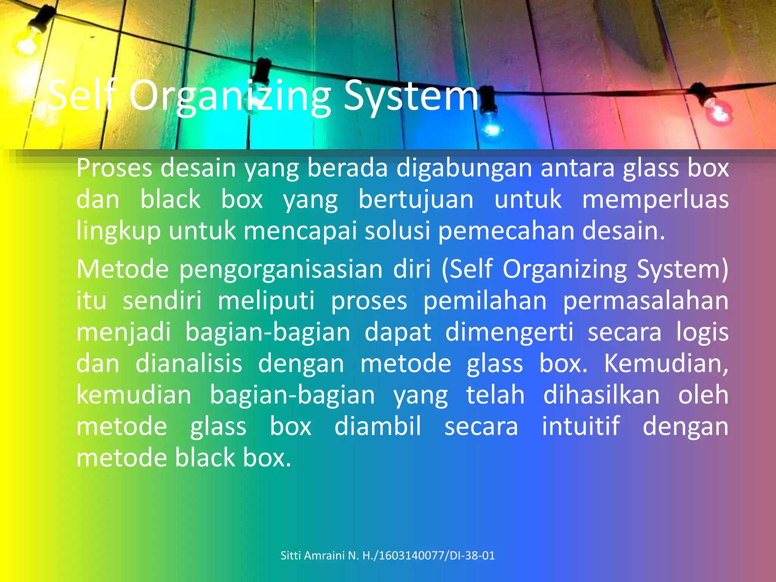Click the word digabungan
pyautogui.click(x=464, y=168)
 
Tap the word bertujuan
pyautogui.click(x=416, y=200)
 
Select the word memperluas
pyautogui.click(x=655, y=200)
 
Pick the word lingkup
pyautogui.click(x=118, y=231)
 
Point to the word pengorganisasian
pyautogui.click(x=281, y=269)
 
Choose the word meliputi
pyautogui.click(x=266, y=301)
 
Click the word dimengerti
pyautogui.click(x=509, y=332)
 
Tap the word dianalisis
pyautogui.click(x=189, y=364)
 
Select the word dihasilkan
pyautogui.click(x=601, y=395)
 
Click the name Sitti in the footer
pyautogui.click(x=291, y=555)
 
